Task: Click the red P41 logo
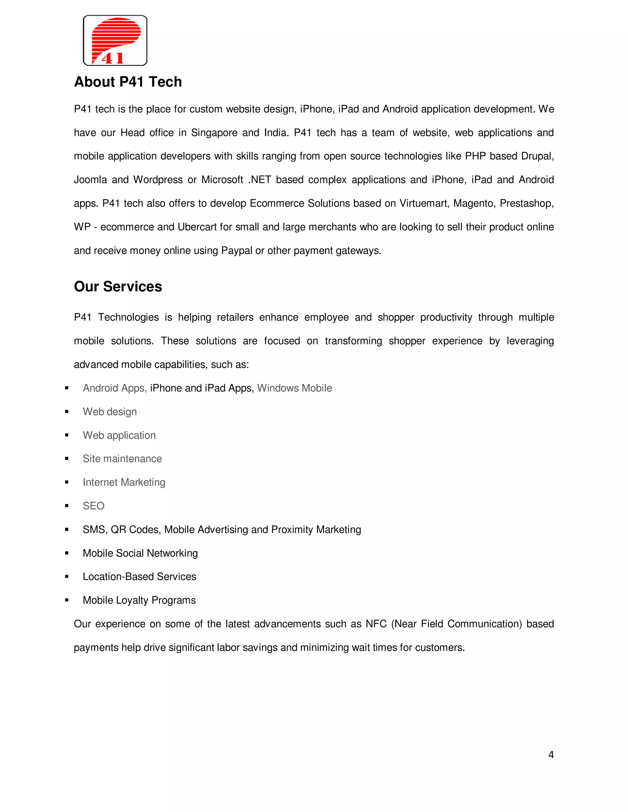(x=115, y=40)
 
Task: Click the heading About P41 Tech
(x=128, y=82)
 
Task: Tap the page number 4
(x=551, y=754)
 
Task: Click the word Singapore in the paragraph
(x=214, y=133)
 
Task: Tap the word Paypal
(x=237, y=251)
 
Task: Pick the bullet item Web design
(x=110, y=412)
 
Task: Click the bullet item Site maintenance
(x=122, y=459)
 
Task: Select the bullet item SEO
(x=94, y=506)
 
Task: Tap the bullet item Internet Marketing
(x=124, y=482)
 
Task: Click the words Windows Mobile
(x=294, y=388)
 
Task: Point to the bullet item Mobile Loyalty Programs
(x=139, y=600)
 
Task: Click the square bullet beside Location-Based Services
(x=67, y=577)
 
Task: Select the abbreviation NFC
(x=376, y=624)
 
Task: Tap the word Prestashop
(x=526, y=203)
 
